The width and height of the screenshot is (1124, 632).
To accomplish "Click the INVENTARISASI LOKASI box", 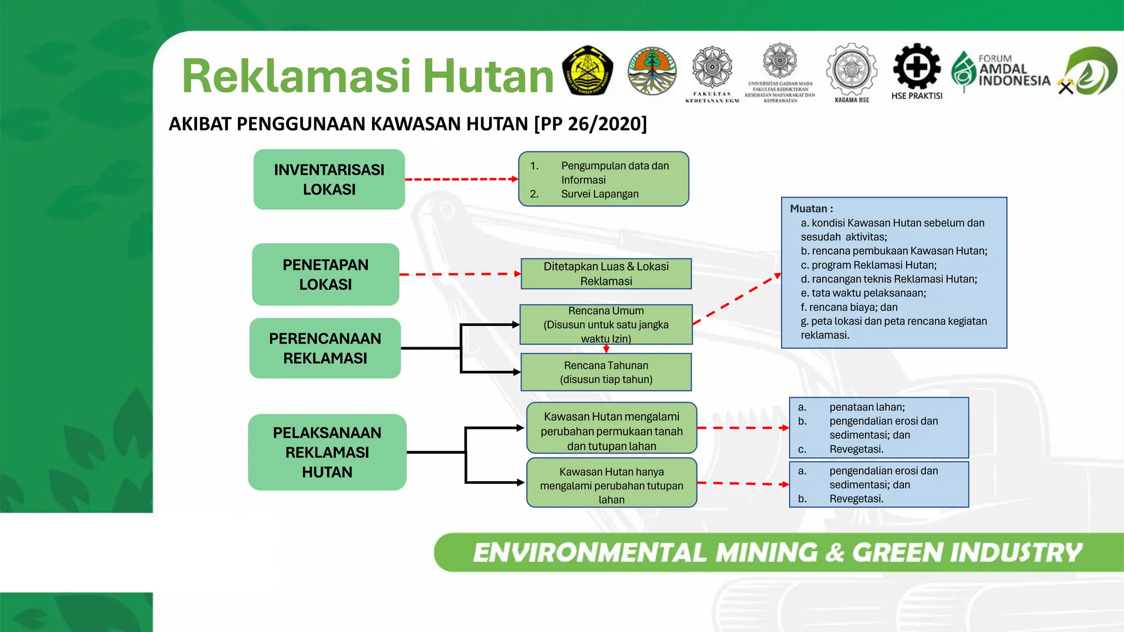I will pyautogui.click(x=329, y=179).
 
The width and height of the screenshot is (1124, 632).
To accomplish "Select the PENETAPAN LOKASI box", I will pyautogui.click(x=325, y=274).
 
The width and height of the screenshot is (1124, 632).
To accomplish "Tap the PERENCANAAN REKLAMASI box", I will pyautogui.click(x=325, y=348).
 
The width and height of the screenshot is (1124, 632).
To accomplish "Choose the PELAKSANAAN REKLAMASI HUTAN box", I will pyautogui.click(x=327, y=452).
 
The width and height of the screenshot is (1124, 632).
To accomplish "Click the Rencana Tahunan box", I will pyautogui.click(x=606, y=373).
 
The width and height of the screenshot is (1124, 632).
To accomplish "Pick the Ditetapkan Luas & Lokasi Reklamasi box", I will pyautogui.click(x=606, y=274).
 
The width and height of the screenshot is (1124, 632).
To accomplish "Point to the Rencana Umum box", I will pyautogui.click(x=606, y=324).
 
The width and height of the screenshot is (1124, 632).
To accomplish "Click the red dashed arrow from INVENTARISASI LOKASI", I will pyautogui.click(x=461, y=179).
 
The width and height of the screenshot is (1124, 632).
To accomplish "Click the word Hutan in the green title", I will pyautogui.click(x=488, y=76).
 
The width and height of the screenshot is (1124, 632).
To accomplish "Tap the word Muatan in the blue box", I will pyautogui.click(x=808, y=209).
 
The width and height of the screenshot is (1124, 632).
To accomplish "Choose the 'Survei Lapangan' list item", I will pyautogui.click(x=599, y=194).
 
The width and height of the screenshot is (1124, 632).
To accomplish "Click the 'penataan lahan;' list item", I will pyautogui.click(x=867, y=407).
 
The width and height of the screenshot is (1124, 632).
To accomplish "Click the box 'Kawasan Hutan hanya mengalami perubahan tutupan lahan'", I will pyautogui.click(x=611, y=486).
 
